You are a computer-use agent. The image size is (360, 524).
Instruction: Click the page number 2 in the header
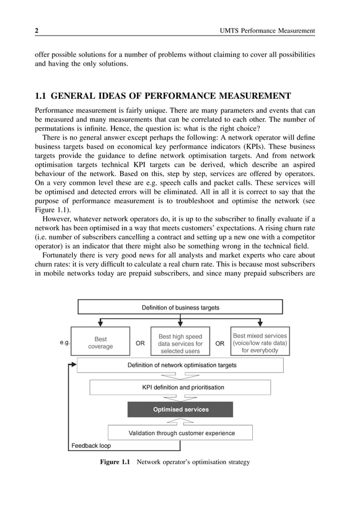click(37, 30)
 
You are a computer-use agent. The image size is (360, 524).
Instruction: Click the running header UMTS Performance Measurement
click(267, 30)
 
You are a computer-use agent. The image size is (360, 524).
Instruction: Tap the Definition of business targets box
click(180, 307)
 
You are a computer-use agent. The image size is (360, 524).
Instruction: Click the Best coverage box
click(100, 343)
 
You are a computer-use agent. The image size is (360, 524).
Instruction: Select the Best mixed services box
click(260, 343)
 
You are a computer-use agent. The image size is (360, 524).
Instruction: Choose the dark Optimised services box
click(180, 409)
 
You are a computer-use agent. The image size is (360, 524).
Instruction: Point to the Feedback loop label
click(91, 446)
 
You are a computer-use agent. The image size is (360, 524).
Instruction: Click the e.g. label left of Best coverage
click(64, 342)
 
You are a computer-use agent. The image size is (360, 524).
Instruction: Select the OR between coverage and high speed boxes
click(141, 343)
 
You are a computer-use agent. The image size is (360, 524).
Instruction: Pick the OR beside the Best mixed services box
click(220, 343)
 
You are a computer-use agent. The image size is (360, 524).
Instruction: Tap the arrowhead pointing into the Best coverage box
click(100, 324)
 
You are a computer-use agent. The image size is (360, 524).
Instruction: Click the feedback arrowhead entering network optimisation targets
click(73, 365)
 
